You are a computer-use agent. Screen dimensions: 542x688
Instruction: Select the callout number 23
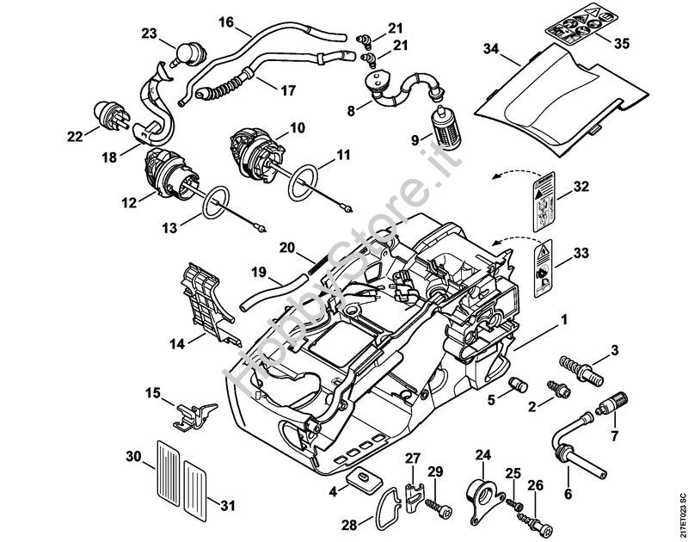(x=150, y=34)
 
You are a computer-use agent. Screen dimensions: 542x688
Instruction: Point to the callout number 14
(x=176, y=343)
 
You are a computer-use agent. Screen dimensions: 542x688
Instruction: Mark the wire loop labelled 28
(x=383, y=514)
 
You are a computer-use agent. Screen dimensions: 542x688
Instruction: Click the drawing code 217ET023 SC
(x=680, y=514)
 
